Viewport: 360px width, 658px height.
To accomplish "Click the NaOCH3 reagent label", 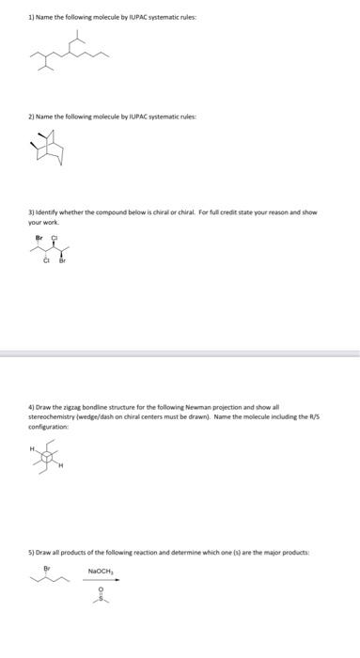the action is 100,570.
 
